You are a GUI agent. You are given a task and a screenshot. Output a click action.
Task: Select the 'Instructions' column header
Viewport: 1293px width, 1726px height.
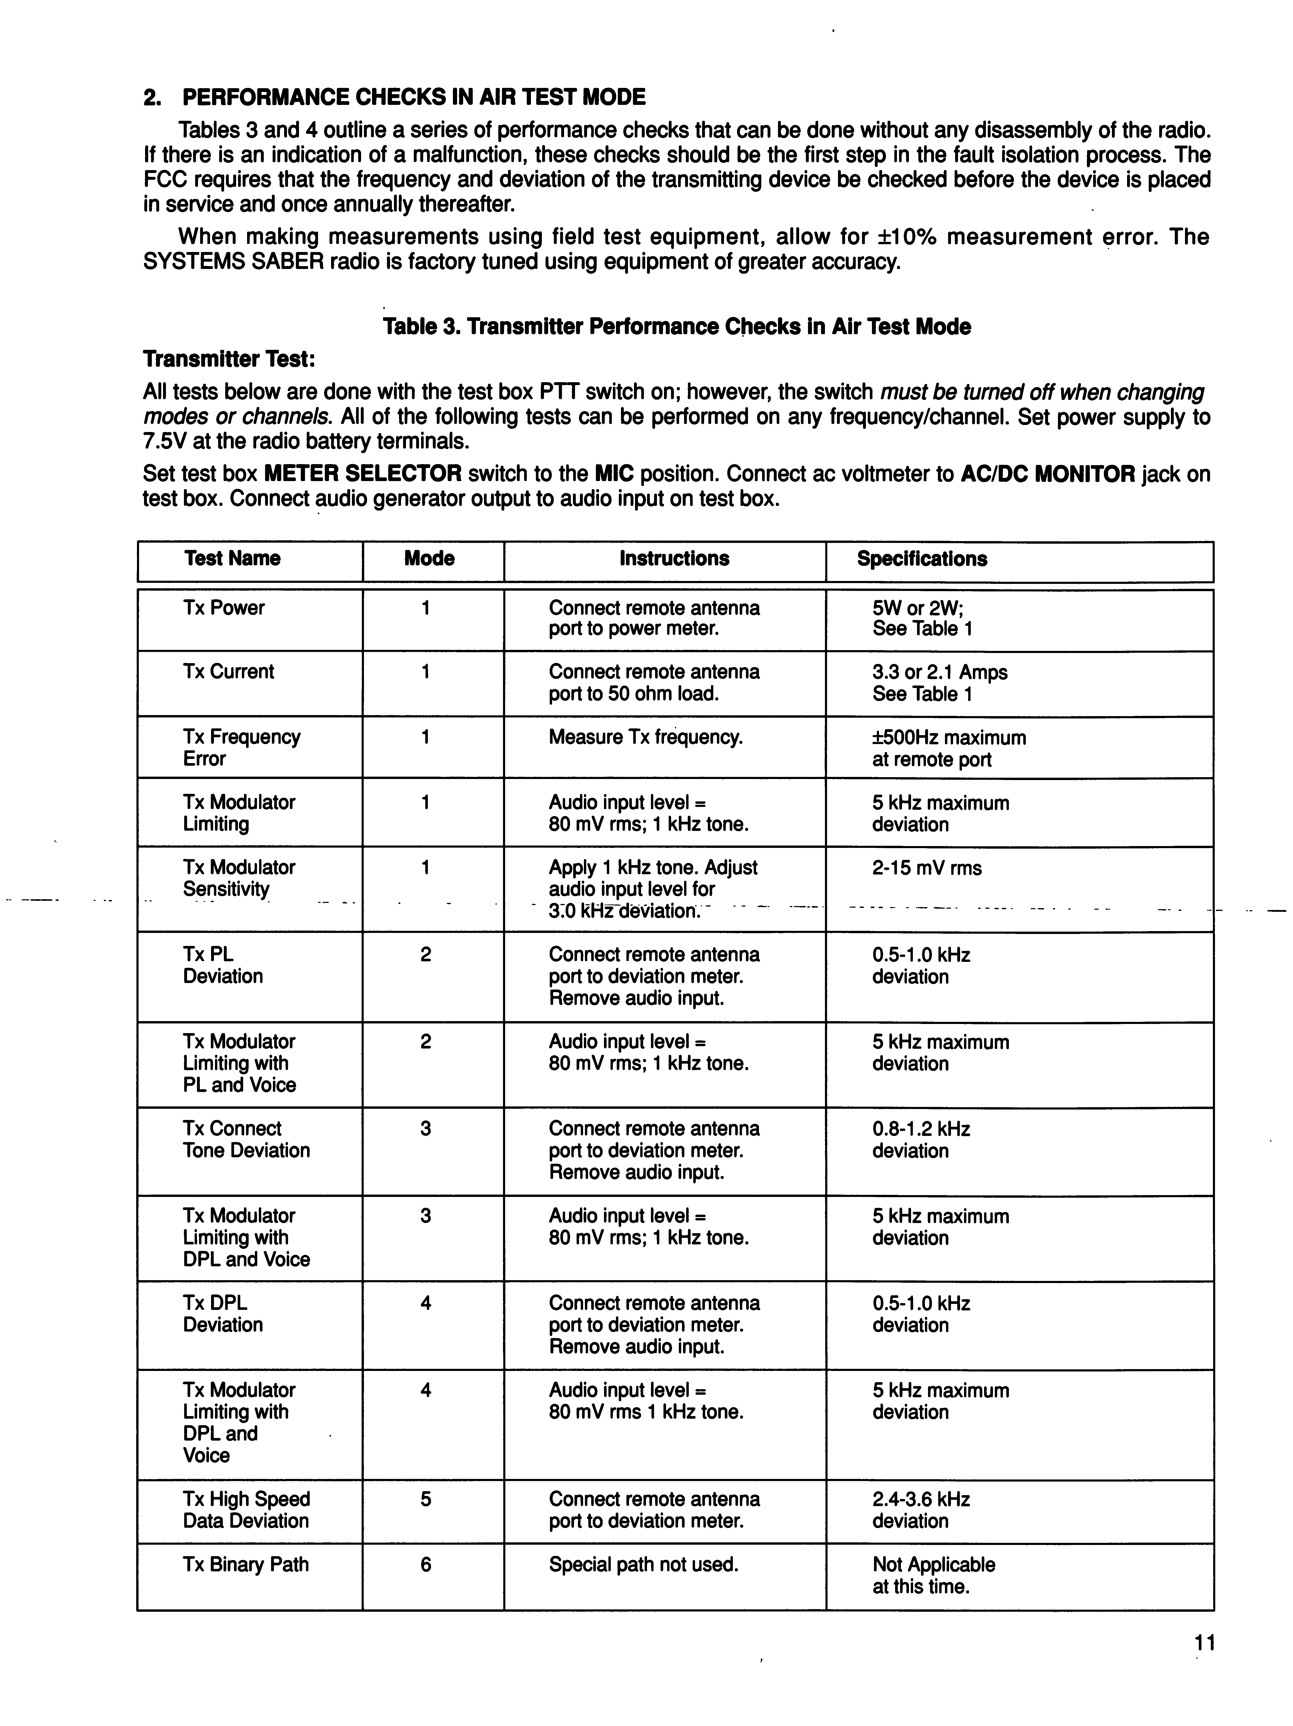pyautogui.click(x=674, y=559)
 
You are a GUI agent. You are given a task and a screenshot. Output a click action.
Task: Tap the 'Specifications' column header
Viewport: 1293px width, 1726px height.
pyautogui.click(x=921, y=559)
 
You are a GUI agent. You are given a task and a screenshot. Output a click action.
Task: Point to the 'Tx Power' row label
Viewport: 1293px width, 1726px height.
pyautogui.click(x=224, y=608)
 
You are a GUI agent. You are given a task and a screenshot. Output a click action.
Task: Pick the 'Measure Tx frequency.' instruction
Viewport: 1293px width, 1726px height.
pyautogui.click(x=645, y=737)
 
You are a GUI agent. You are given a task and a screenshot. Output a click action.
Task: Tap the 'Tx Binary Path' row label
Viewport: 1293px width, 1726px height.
pyautogui.click(x=246, y=1565)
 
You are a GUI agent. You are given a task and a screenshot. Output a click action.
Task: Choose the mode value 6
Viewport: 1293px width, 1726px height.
pyautogui.click(x=425, y=1565)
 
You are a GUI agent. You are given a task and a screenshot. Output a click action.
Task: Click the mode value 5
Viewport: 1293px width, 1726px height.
pyautogui.click(x=425, y=1499)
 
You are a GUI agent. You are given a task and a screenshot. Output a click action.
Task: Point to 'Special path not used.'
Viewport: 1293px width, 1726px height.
pyautogui.click(x=643, y=1565)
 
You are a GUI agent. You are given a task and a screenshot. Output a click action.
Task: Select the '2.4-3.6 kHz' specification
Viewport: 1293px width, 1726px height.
pyautogui.click(x=921, y=1499)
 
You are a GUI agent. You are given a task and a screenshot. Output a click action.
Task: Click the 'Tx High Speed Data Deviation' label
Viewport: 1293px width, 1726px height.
pyautogui.click(x=247, y=1510)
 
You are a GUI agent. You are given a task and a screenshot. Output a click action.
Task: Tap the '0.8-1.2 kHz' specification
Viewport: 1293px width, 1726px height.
pyautogui.click(x=921, y=1129)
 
